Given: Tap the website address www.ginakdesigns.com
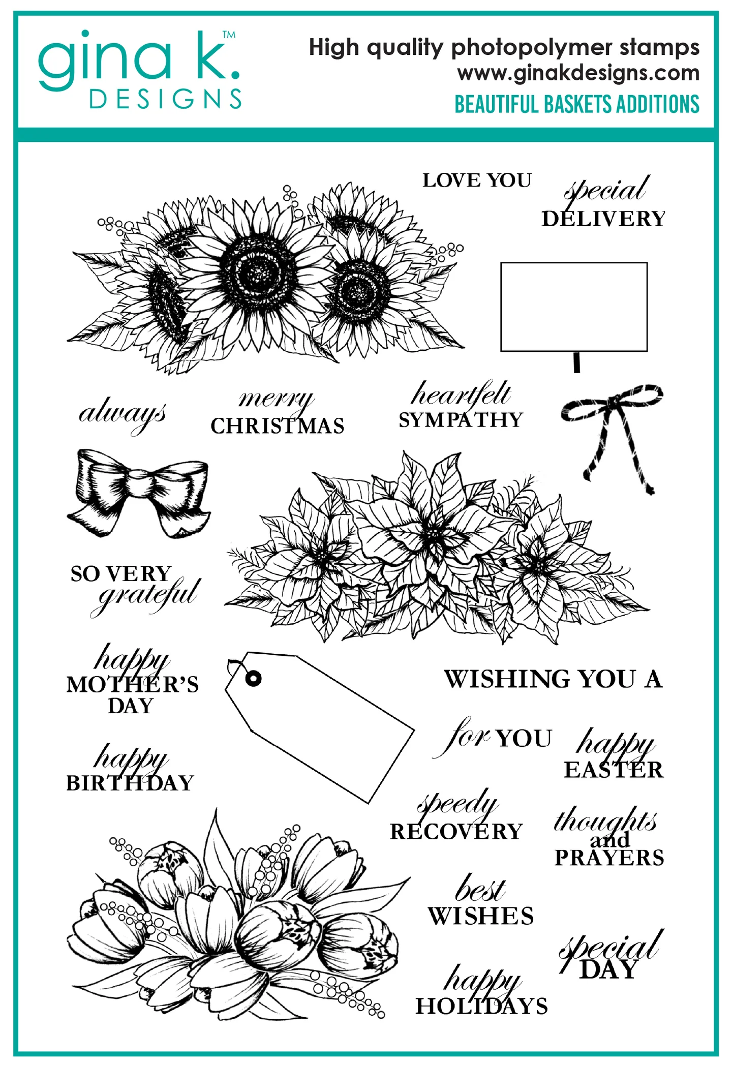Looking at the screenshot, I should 578,73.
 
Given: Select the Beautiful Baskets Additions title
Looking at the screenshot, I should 576,104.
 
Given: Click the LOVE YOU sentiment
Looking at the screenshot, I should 476,180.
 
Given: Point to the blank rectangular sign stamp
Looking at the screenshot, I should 573,307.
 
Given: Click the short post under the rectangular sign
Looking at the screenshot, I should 576,362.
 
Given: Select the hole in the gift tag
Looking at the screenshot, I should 253,678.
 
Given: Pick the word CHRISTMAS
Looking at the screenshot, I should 277,426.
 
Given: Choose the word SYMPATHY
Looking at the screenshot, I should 461,420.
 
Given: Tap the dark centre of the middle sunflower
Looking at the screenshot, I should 260,274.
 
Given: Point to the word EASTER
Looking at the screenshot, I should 613,770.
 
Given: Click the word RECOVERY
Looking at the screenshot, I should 456,832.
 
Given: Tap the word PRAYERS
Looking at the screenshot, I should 609,858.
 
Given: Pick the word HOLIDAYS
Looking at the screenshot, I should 481,1006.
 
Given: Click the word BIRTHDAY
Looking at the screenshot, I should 130,783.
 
